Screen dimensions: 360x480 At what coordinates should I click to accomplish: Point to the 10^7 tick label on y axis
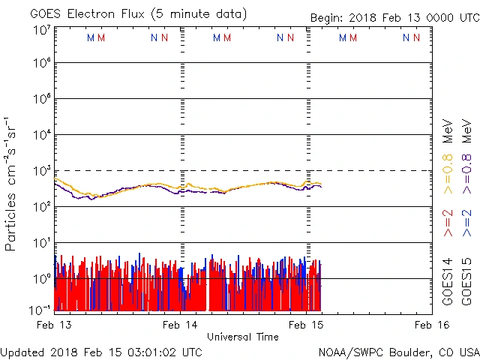click(x=41, y=30)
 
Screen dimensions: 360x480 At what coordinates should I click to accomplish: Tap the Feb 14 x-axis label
click(x=181, y=325)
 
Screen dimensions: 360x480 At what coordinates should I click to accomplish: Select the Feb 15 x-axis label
click(x=307, y=325)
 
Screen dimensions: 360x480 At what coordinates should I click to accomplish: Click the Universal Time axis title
click(x=242, y=337)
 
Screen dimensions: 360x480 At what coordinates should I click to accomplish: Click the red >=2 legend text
click(x=448, y=224)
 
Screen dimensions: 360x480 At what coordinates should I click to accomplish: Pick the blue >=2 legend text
click(x=466, y=224)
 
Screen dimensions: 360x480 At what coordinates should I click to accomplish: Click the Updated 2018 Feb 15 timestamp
click(x=101, y=352)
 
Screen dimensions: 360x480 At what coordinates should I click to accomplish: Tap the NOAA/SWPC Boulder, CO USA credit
click(x=397, y=352)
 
